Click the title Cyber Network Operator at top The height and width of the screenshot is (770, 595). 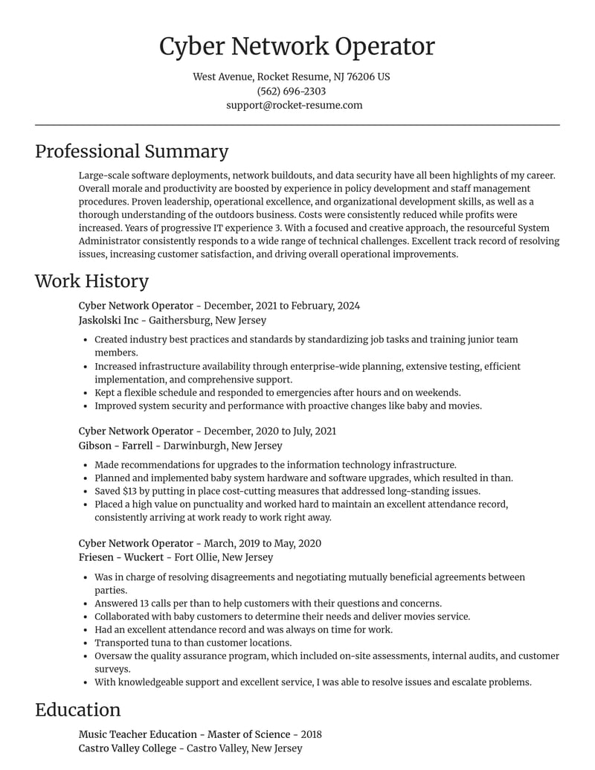pos(297,46)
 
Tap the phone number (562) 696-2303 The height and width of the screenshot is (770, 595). pos(292,91)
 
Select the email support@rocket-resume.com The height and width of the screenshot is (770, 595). pos(295,105)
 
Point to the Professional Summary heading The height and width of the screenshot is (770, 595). pos(132,152)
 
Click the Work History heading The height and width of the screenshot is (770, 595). pos(91,281)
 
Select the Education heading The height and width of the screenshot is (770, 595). pos(77,710)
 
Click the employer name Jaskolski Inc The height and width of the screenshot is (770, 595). pos(109,320)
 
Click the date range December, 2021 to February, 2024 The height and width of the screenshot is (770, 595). pos(281,306)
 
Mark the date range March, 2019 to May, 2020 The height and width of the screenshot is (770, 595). pos(263,543)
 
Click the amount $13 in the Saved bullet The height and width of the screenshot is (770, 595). pos(131,491)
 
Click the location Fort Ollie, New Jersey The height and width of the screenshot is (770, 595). pos(224,557)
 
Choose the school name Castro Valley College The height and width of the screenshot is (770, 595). pos(128,748)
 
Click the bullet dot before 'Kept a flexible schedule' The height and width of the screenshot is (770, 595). pos(86,393)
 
